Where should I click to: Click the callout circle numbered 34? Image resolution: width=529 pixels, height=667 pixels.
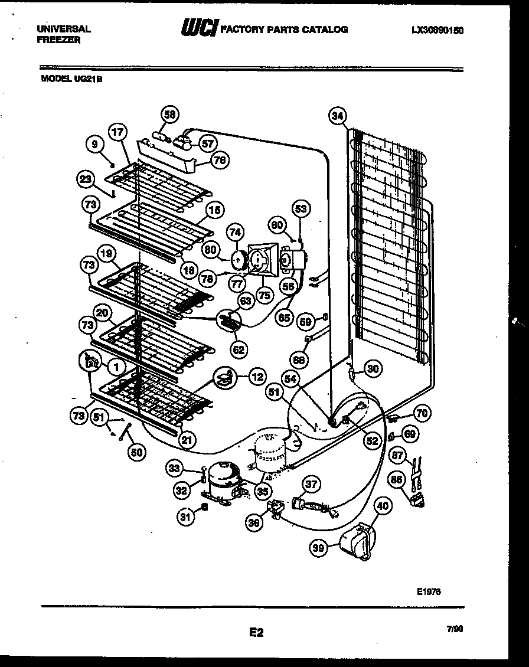337,116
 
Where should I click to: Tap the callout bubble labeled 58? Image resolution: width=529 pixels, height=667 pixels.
170,115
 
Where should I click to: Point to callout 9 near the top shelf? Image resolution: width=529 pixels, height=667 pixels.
93,143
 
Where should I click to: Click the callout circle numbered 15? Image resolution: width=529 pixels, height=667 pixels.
214,210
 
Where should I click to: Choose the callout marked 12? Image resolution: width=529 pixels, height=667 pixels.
257,376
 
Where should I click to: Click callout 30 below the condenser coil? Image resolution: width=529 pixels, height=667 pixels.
373,369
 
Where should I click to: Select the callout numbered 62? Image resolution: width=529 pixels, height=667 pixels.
238,349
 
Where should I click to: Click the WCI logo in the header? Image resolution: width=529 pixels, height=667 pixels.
199,28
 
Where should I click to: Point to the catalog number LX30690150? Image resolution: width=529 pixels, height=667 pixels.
437,30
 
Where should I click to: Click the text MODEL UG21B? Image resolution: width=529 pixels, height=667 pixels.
71,76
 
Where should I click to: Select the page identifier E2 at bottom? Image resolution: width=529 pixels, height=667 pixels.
256,633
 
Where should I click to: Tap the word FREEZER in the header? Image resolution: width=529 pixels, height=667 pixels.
55,39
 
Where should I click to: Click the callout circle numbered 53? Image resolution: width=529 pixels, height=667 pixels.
301,209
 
